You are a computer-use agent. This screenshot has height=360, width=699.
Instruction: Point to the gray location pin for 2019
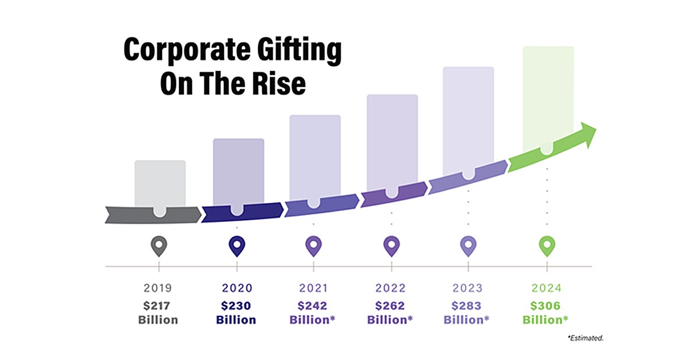[x=159, y=246]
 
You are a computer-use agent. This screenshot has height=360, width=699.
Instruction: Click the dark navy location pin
[x=236, y=246]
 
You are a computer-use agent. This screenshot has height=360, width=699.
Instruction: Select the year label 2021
[x=313, y=287]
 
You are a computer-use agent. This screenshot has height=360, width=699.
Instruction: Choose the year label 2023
[x=468, y=287]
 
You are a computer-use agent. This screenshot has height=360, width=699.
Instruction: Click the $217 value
[x=158, y=305]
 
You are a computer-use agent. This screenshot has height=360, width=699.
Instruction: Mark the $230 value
[x=236, y=305]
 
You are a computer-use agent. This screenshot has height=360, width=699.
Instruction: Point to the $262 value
[x=391, y=305]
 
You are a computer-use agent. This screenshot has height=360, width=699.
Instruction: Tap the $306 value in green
[x=545, y=305]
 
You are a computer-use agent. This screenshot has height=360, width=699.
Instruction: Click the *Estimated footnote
[x=584, y=337]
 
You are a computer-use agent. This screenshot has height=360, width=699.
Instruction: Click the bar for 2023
[x=468, y=119]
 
